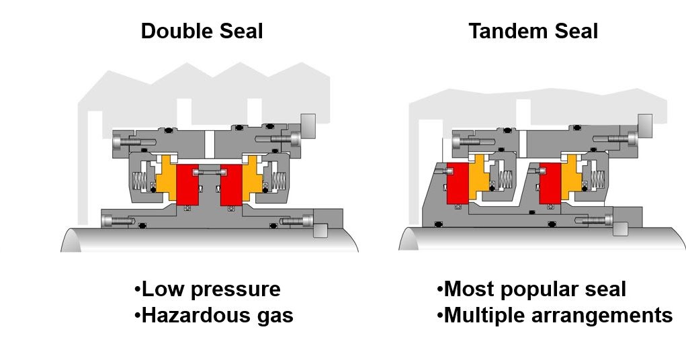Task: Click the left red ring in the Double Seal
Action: pyautogui.click(x=188, y=183)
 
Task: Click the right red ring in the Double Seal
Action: pyautogui.click(x=231, y=183)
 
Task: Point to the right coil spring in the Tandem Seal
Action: pyautogui.click(x=596, y=180)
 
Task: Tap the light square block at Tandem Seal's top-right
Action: pyautogui.click(x=644, y=123)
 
